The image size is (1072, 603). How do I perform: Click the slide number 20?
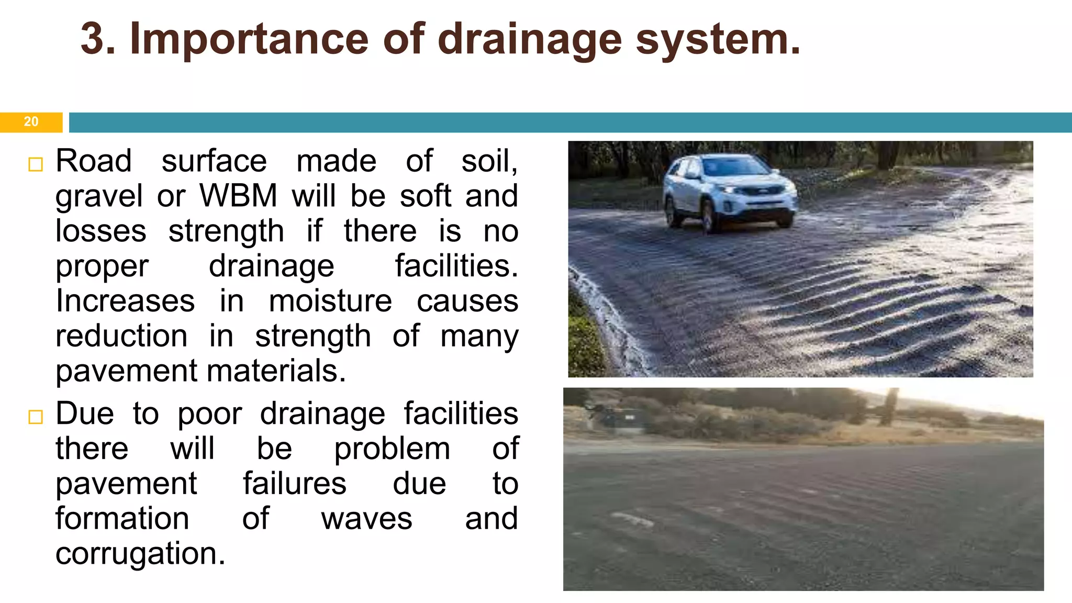point(31,122)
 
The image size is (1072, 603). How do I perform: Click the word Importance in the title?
point(249,39)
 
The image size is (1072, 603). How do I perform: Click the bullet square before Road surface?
point(36,164)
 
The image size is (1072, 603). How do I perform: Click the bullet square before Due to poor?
point(36,417)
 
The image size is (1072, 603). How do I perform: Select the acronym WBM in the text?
point(238,196)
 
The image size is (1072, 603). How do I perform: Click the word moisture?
point(330,301)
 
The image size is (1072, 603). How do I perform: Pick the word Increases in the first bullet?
point(125,301)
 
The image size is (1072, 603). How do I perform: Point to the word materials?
point(276,371)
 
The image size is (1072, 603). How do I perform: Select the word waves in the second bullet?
point(366,519)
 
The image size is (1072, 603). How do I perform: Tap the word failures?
point(294,484)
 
